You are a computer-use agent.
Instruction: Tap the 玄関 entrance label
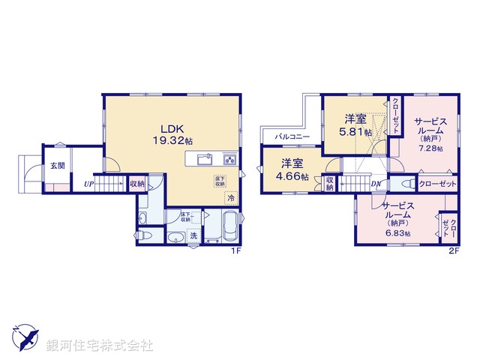58,166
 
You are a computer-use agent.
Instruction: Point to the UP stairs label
88,184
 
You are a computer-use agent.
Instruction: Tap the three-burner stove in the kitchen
229,159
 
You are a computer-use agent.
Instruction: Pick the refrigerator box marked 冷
231,198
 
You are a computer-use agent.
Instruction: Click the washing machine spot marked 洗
193,236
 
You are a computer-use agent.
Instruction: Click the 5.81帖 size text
355,132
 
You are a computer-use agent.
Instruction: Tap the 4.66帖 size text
294,176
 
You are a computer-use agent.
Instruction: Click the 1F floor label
235,251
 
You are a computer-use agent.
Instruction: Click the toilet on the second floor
407,184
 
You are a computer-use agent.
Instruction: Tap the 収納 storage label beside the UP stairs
136,184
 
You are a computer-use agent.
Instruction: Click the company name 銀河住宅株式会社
100,346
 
